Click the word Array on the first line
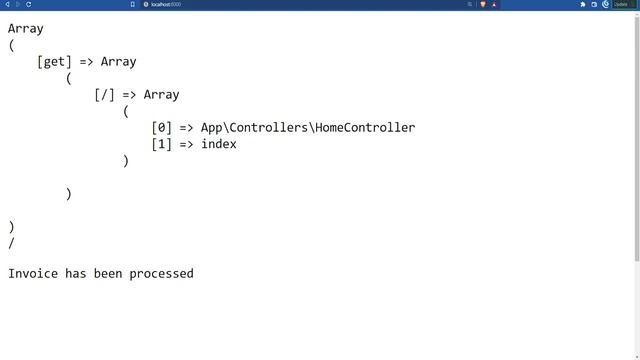pos(26,29)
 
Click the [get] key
pos(54,62)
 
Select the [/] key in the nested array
pos(105,95)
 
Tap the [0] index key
pos(162,127)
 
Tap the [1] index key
pos(162,144)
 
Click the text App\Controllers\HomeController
pos(307,127)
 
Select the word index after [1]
pos(218,144)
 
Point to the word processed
pos(161,273)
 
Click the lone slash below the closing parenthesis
pos(11,242)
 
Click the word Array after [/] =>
pos(161,95)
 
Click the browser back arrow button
pos(7,4)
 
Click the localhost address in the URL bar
pos(165,4)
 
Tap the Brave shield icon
pos(483,4)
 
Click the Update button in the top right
pos(621,4)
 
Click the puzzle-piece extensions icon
pos(583,4)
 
